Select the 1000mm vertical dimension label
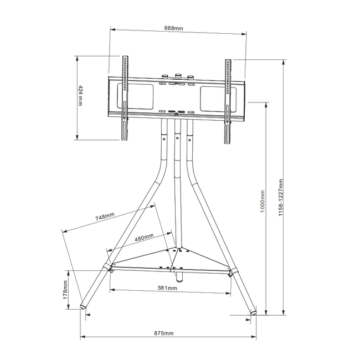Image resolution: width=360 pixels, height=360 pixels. click(263, 202)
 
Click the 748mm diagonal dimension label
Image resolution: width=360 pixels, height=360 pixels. click(105, 217)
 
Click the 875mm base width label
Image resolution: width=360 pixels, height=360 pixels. click(164, 333)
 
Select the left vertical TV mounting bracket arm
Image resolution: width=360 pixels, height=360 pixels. click(125, 100)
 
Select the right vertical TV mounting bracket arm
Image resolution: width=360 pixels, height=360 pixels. click(227, 100)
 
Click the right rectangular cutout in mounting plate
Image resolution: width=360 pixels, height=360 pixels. click(213, 97)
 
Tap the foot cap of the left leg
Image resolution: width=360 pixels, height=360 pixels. click(83, 306)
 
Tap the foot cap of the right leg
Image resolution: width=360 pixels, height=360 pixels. click(254, 312)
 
